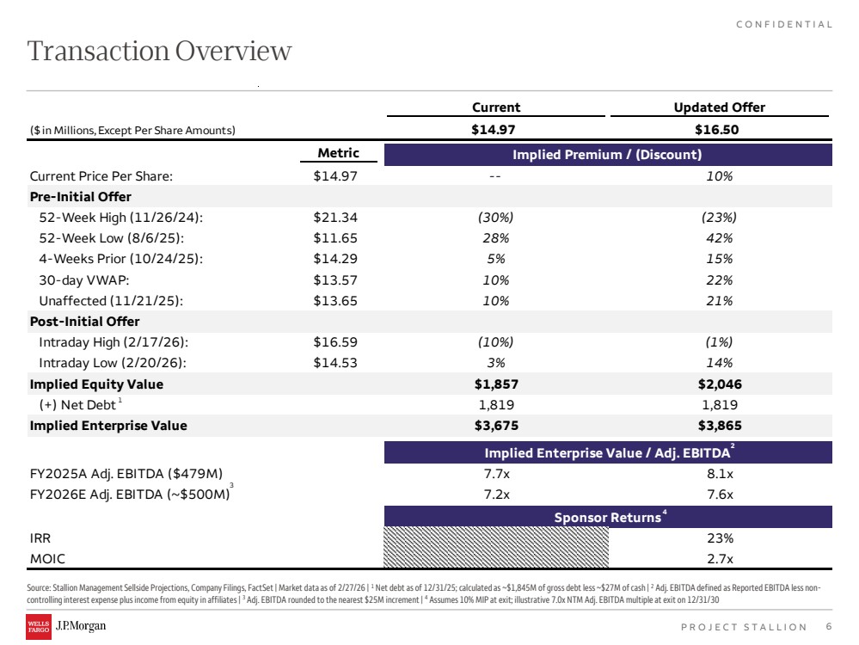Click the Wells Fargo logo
pyautogui.click(x=39, y=627)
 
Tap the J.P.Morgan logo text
pyautogui.click(x=81, y=626)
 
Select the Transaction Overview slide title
pyautogui.click(x=159, y=51)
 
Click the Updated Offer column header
pyautogui.click(x=720, y=107)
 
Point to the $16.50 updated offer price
pyautogui.click(x=716, y=129)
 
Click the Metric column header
pyautogui.click(x=339, y=153)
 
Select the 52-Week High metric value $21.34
pyautogui.click(x=335, y=218)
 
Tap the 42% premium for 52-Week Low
pyautogui.click(x=720, y=238)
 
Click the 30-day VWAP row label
pyautogui.click(x=83, y=280)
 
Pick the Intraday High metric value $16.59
pyautogui.click(x=335, y=342)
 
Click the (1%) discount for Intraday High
pyautogui.click(x=720, y=342)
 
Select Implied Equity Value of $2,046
pyautogui.click(x=720, y=384)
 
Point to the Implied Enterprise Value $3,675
pyautogui.click(x=496, y=426)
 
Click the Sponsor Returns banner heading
pyautogui.click(x=608, y=517)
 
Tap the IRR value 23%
pyautogui.click(x=720, y=538)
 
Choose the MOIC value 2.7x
pyautogui.click(x=720, y=559)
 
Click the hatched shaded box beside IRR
pyautogui.click(x=496, y=547)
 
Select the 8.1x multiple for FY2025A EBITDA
pyautogui.click(x=720, y=474)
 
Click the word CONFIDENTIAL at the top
pyautogui.click(x=784, y=24)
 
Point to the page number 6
pyautogui.click(x=828, y=626)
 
